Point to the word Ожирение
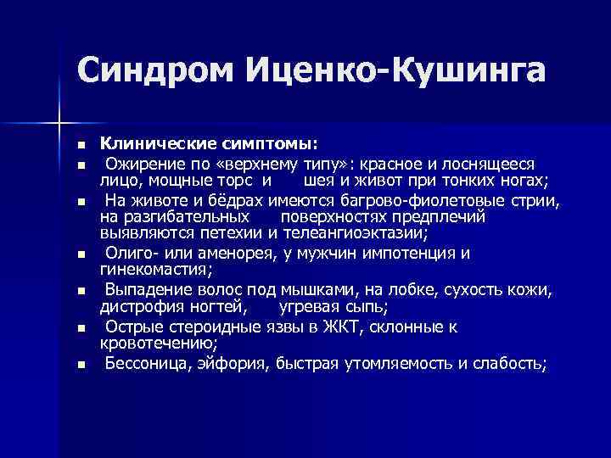click(139, 162)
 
